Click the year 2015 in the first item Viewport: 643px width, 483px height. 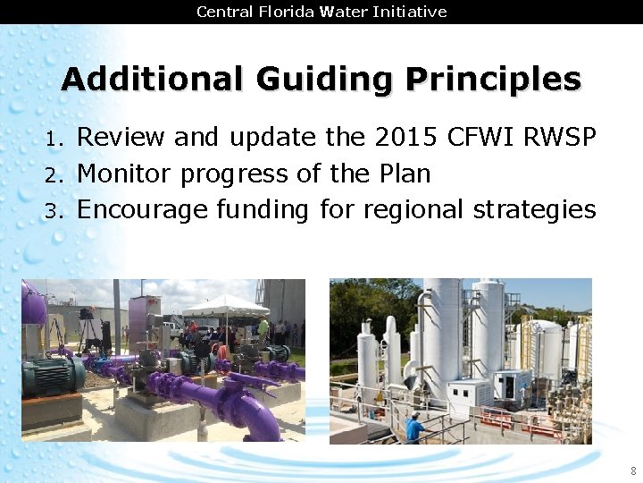413,138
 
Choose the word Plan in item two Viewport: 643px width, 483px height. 402,174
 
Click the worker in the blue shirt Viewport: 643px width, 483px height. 414,428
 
